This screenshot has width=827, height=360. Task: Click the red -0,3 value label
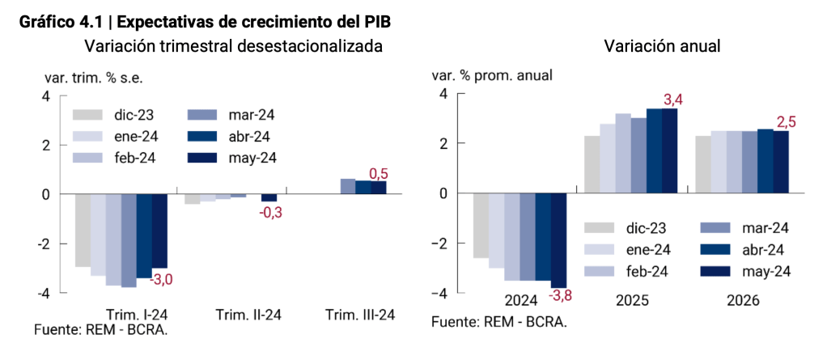[271, 214]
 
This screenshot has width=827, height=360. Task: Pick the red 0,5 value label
[378, 174]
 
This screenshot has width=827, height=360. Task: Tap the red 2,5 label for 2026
[786, 122]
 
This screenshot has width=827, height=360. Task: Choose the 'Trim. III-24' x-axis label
[359, 316]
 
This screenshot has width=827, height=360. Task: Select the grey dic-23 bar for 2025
[592, 164]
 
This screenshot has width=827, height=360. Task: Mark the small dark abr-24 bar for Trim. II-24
[269, 197]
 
